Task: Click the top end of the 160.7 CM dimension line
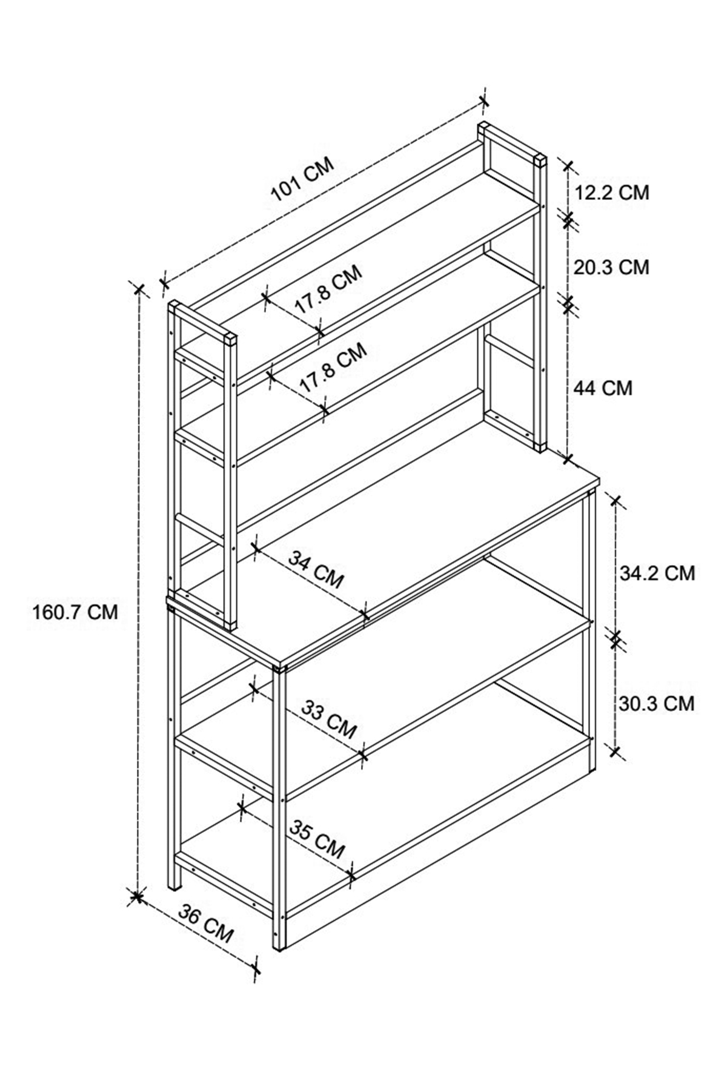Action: pyautogui.click(x=139, y=288)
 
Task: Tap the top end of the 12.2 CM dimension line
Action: pyautogui.click(x=568, y=165)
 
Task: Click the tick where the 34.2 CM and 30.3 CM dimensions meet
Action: pyautogui.click(x=616, y=638)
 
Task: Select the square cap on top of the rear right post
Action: pyautogui.click(x=540, y=160)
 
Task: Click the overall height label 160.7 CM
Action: pyautogui.click(x=74, y=612)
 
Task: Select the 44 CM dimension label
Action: pyautogui.click(x=603, y=388)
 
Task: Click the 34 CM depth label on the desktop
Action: pyautogui.click(x=315, y=569)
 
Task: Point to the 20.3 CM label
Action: pyautogui.click(x=611, y=266)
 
